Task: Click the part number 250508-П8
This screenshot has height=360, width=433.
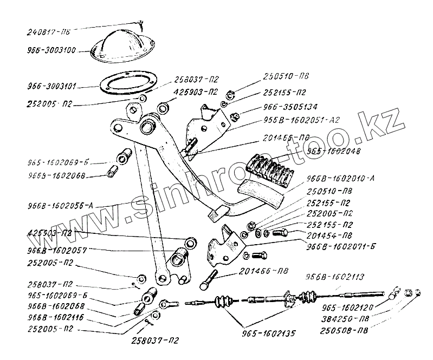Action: coord(345,330)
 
